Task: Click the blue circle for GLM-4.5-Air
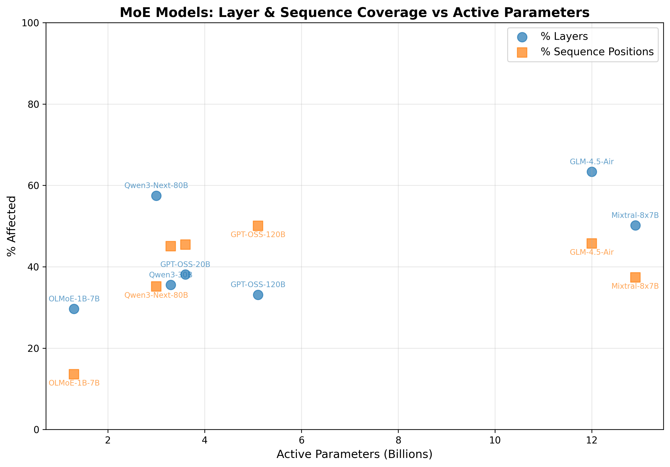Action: (x=592, y=172)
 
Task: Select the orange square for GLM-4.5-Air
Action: (x=592, y=243)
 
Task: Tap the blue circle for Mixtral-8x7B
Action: (x=635, y=226)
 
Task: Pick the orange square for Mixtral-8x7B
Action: (x=635, y=277)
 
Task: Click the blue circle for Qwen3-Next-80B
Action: (x=156, y=196)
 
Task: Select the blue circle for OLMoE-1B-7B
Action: (x=74, y=309)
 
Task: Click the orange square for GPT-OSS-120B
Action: (x=258, y=226)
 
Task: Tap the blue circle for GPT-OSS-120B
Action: (x=258, y=295)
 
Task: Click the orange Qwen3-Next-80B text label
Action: (x=156, y=295)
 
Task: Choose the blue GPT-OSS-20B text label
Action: (x=185, y=264)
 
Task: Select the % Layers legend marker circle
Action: (x=522, y=37)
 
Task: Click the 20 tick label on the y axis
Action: (x=33, y=348)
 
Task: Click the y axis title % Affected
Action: (x=12, y=226)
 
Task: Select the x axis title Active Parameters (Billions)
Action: (x=354, y=454)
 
